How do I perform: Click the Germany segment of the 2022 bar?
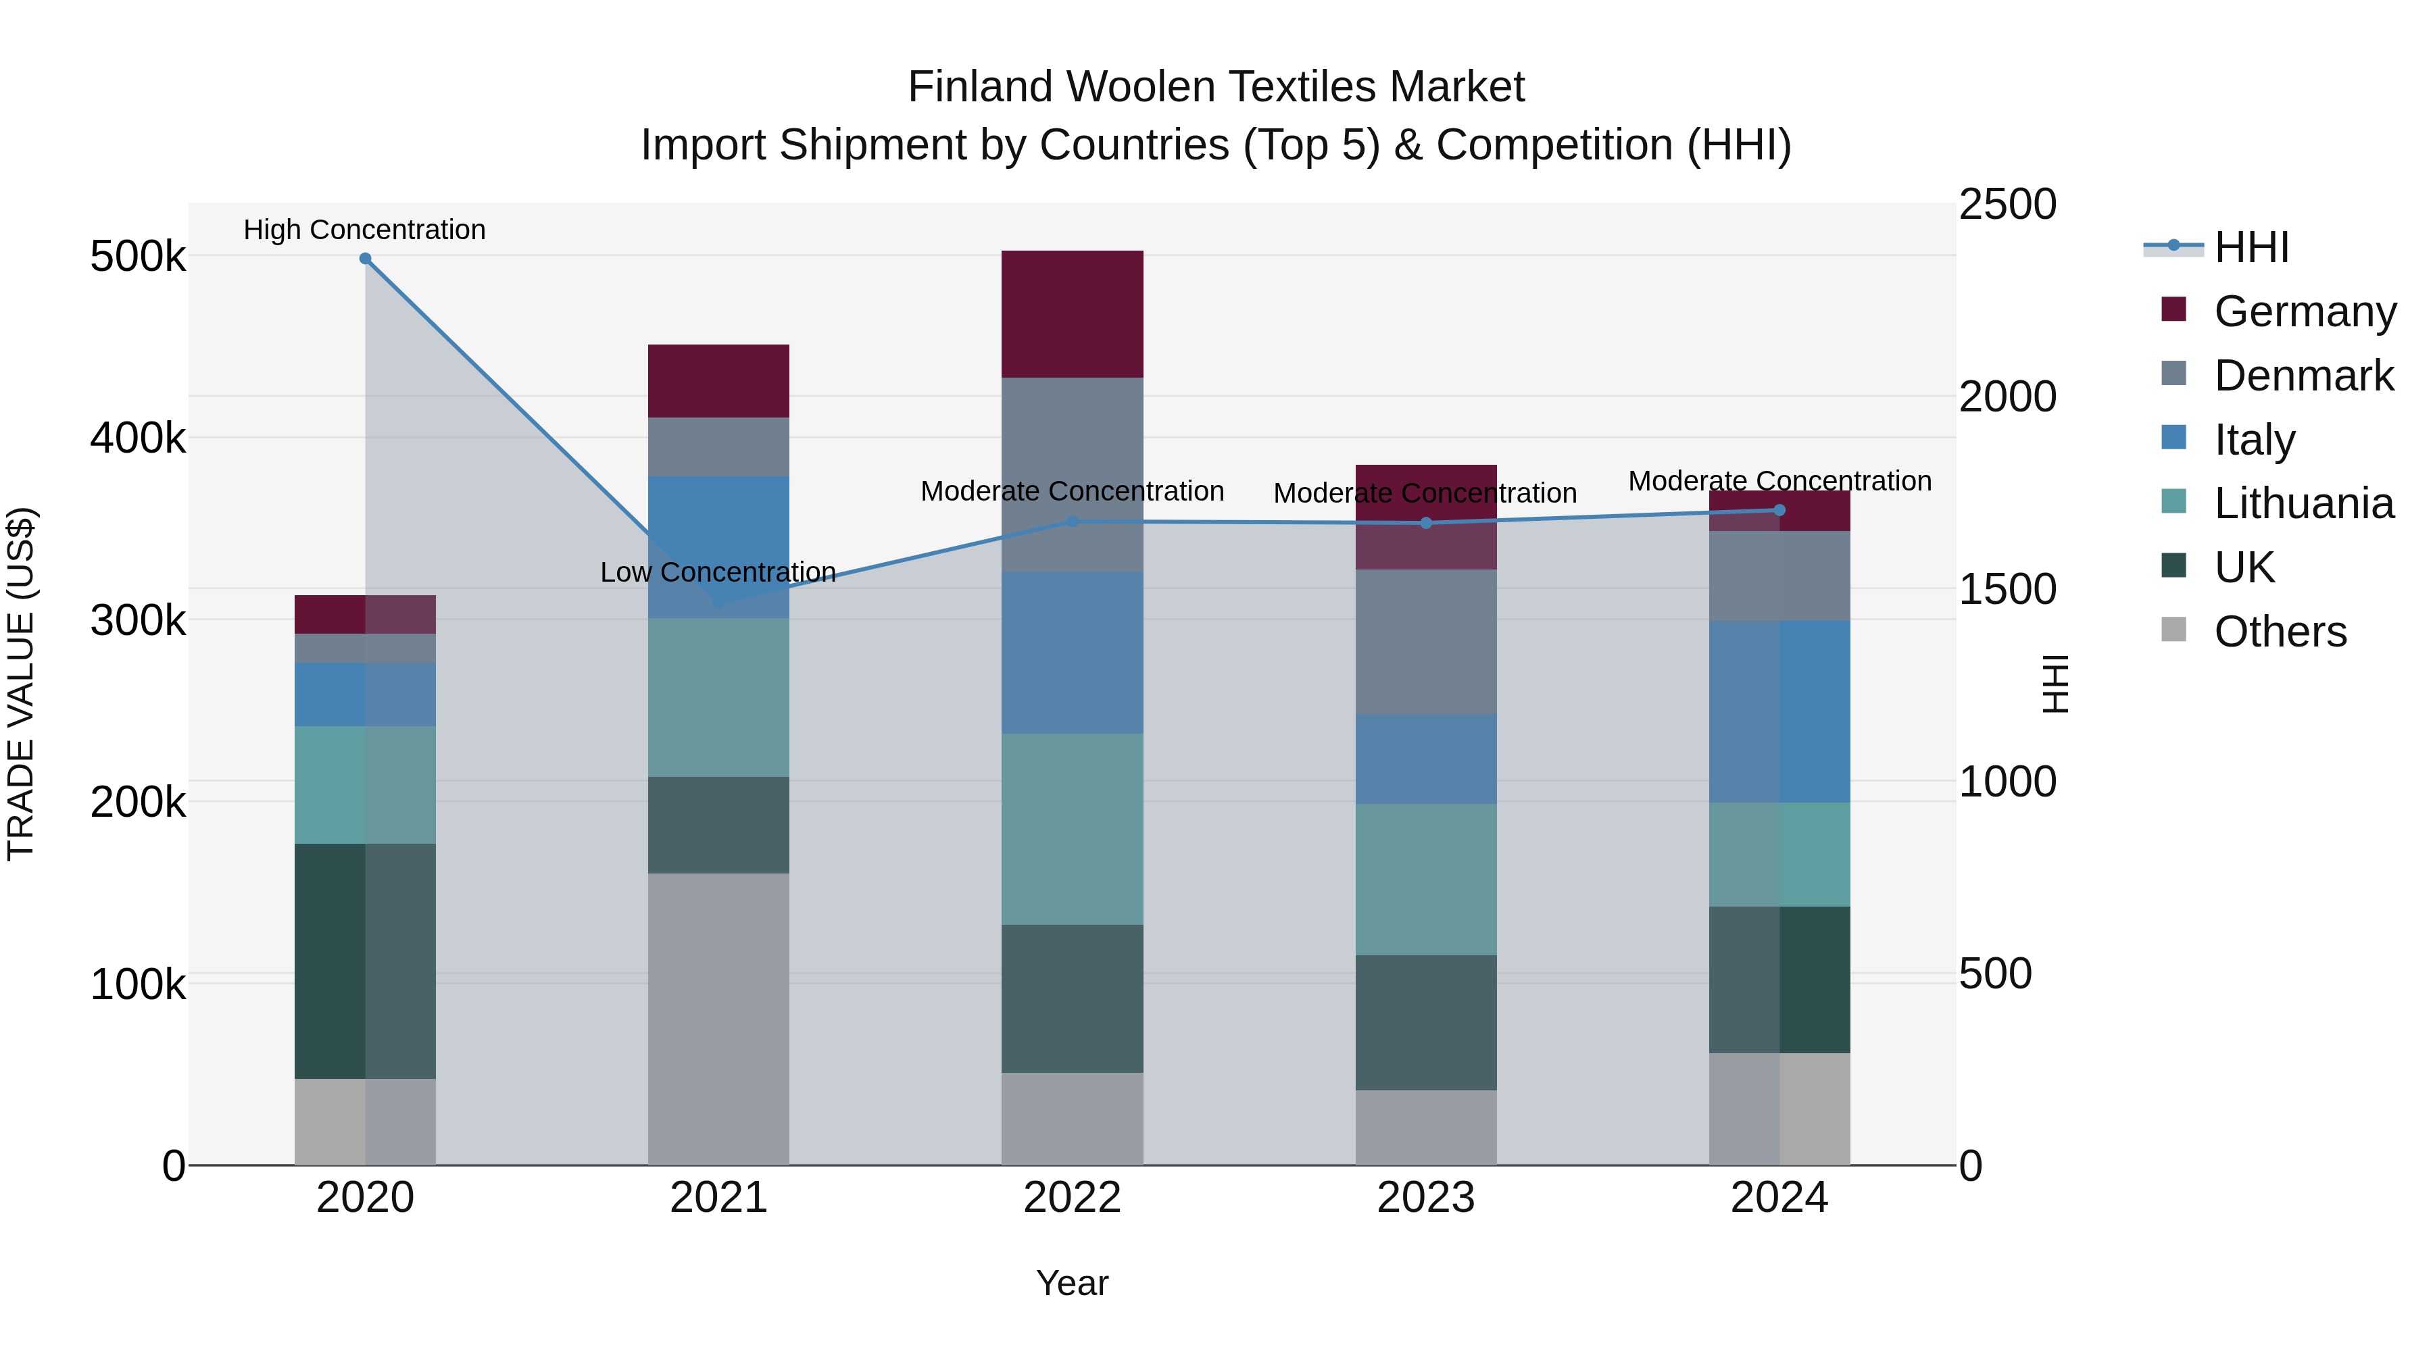(1072, 314)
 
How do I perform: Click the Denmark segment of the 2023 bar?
(1425, 641)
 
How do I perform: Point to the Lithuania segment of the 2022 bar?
(1072, 828)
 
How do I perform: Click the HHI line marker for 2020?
(366, 259)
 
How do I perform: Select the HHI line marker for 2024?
(1779, 510)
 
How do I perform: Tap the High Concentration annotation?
(364, 230)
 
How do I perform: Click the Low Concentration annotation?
(718, 572)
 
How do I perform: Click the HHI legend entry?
(2251, 247)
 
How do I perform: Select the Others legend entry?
(2279, 632)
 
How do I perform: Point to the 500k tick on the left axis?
(138, 256)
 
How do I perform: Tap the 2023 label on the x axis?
(1425, 1198)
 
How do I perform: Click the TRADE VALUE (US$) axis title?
(22, 684)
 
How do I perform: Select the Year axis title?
(1072, 1283)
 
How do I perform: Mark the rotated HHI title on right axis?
(2055, 684)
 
